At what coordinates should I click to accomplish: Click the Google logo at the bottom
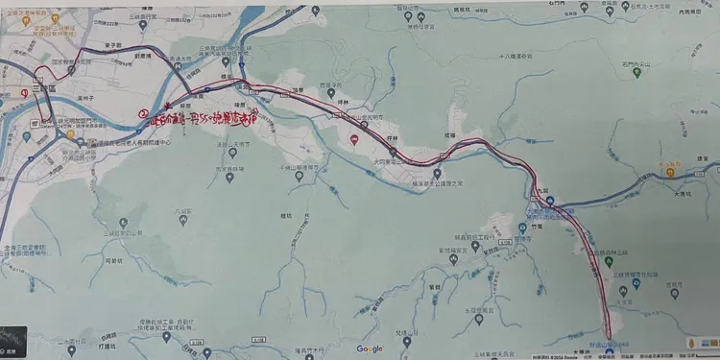370,348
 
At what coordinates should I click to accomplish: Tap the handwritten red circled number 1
24,92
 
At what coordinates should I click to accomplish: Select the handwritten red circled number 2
143,113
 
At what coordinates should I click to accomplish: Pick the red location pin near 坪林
354,140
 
